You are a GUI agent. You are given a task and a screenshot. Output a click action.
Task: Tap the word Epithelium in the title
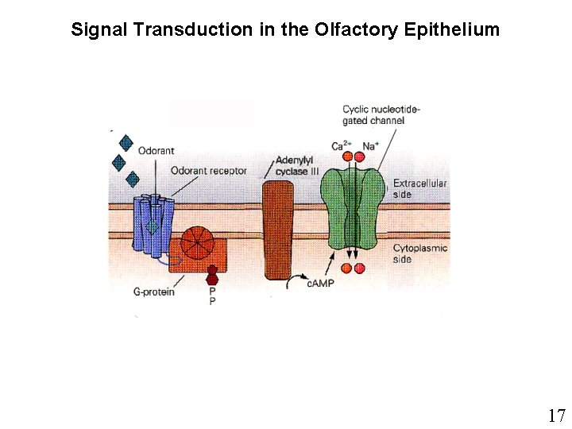click(452, 30)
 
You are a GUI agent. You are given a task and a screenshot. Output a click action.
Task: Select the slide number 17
click(556, 415)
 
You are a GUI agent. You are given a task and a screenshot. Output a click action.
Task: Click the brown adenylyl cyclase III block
click(278, 230)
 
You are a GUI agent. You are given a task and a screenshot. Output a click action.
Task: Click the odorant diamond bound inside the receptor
click(153, 226)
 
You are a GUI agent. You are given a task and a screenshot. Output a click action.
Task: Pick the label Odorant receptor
click(209, 171)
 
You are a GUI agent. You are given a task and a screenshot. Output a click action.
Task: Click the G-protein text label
click(154, 292)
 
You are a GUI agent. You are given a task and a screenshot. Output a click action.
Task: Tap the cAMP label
click(318, 284)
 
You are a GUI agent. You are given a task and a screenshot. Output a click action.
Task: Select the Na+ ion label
click(370, 146)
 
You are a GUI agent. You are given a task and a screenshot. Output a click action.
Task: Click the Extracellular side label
click(419, 188)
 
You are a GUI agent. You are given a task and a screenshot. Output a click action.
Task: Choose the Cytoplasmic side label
click(419, 253)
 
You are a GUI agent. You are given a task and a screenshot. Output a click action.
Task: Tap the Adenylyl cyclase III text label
click(296, 165)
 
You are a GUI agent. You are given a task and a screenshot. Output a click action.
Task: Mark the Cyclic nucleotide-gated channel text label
click(381, 114)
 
